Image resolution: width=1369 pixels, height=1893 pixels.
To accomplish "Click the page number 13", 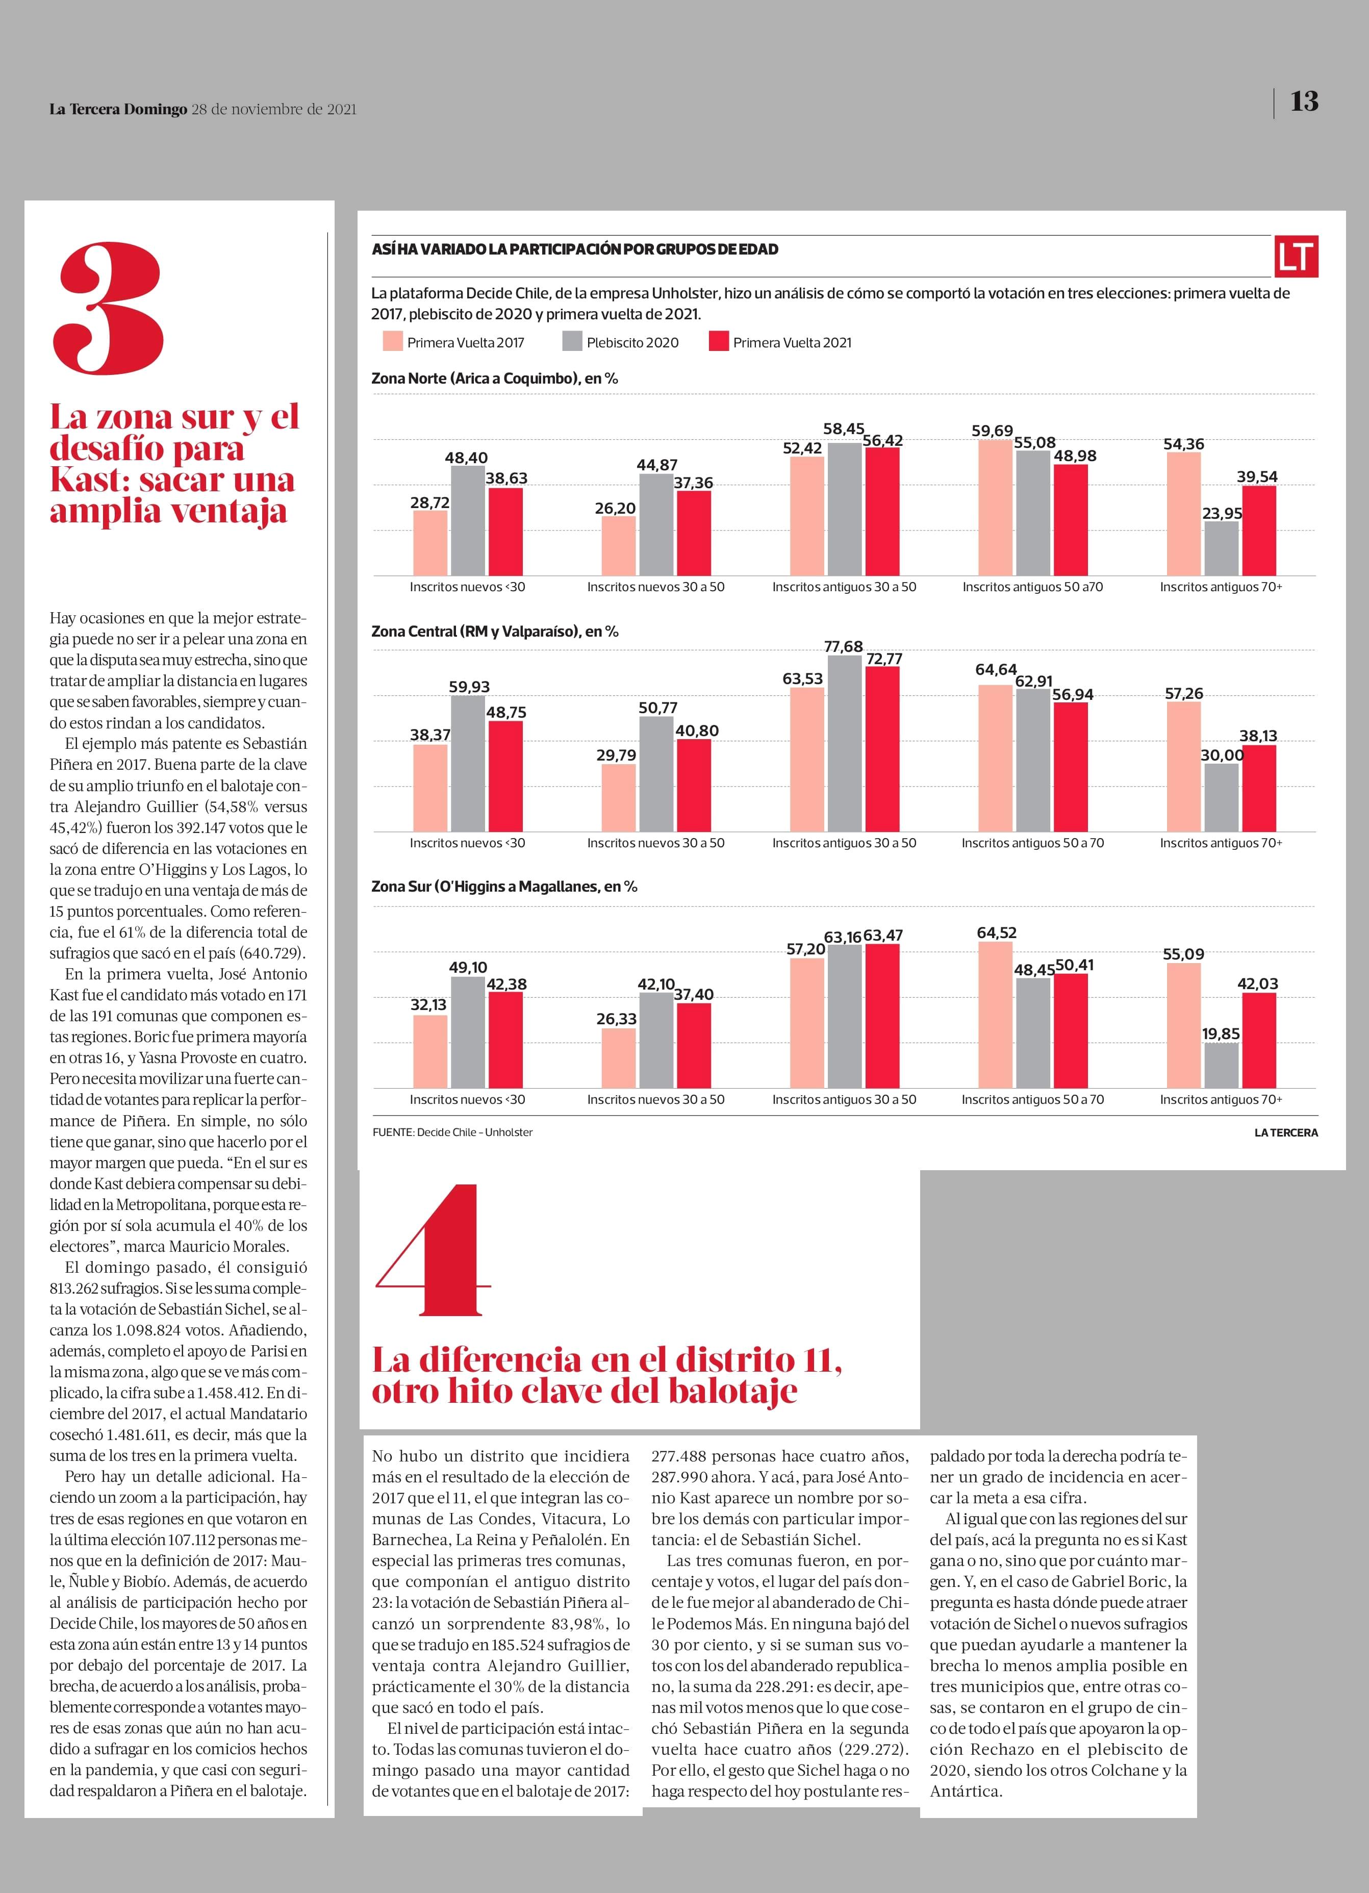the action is click(x=1304, y=102).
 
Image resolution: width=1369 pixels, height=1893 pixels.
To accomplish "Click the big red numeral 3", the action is click(x=109, y=309).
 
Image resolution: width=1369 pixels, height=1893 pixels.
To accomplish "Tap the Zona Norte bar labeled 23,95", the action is click(x=1221, y=548).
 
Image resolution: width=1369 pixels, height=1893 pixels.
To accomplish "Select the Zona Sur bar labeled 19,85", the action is click(x=1221, y=1065).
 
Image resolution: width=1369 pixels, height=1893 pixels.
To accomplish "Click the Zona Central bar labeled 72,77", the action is click(x=882, y=749).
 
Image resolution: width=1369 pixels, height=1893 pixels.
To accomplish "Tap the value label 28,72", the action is click(x=430, y=502).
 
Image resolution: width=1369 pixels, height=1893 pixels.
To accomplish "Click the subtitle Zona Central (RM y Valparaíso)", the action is click(x=495, y=632).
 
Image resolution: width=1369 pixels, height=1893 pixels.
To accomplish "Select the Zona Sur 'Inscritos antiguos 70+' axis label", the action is click(x=1221, y=1099).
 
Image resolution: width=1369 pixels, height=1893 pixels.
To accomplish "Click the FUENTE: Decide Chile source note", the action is click(x=452, y=1132).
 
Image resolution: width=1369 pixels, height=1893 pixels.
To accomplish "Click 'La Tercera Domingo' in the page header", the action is click(x=118, y=109).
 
